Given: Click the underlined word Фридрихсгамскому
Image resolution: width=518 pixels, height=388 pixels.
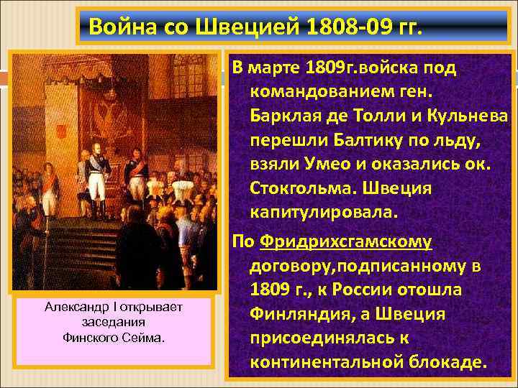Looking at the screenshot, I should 347,242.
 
